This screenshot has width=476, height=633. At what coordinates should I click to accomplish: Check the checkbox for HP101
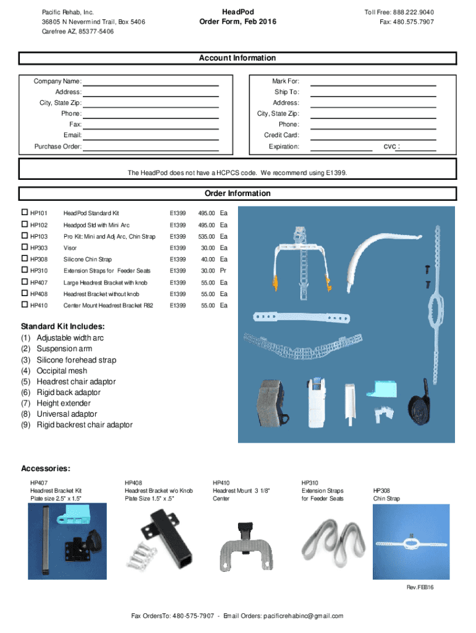click(25, 213)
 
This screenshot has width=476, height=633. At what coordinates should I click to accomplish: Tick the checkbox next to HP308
click(25, 260)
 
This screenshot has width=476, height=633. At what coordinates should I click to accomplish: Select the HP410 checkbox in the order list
click(25, 305)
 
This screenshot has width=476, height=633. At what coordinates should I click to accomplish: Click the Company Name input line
click(151, 83)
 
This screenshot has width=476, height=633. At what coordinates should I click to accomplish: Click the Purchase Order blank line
click(151, 149)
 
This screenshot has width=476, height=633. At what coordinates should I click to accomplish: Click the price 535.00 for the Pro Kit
click(206, 237)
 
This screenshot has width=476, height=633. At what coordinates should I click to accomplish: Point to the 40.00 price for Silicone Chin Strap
click(208, 260)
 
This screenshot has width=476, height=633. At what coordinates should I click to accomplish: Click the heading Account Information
click(237, 58)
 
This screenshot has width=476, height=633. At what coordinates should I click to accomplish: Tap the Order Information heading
click(237, 193)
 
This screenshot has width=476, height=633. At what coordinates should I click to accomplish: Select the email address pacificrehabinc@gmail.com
click(303, 616)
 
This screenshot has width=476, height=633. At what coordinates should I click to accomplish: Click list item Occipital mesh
click(62, 371)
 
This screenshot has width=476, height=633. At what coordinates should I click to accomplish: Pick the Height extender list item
click(64, 403)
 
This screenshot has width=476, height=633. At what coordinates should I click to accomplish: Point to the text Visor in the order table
click(70, 248)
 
